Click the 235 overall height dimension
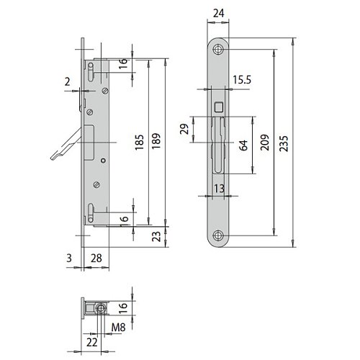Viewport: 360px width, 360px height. pyautogui.click(x=284, y=143)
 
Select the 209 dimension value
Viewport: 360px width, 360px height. pyautogui.click(x=265, y=143)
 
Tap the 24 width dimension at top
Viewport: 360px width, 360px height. pyautogui.click(x=219, y=13)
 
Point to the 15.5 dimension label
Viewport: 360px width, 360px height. pyautogui.click(x=242, y=79)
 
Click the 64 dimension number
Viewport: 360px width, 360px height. pyautogui.click(x=243, y=145)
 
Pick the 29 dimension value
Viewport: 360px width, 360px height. pyautogui.click(x=184, y=129)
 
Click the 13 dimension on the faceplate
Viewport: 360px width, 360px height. pyautogui.click(x=219, y=189)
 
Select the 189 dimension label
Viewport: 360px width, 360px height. pyautogui.click(x=156, y=141)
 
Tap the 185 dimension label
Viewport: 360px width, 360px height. pyautogui.click(x=139, y=143)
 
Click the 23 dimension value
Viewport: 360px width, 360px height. pyautogui.click(x=156, y=236)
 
